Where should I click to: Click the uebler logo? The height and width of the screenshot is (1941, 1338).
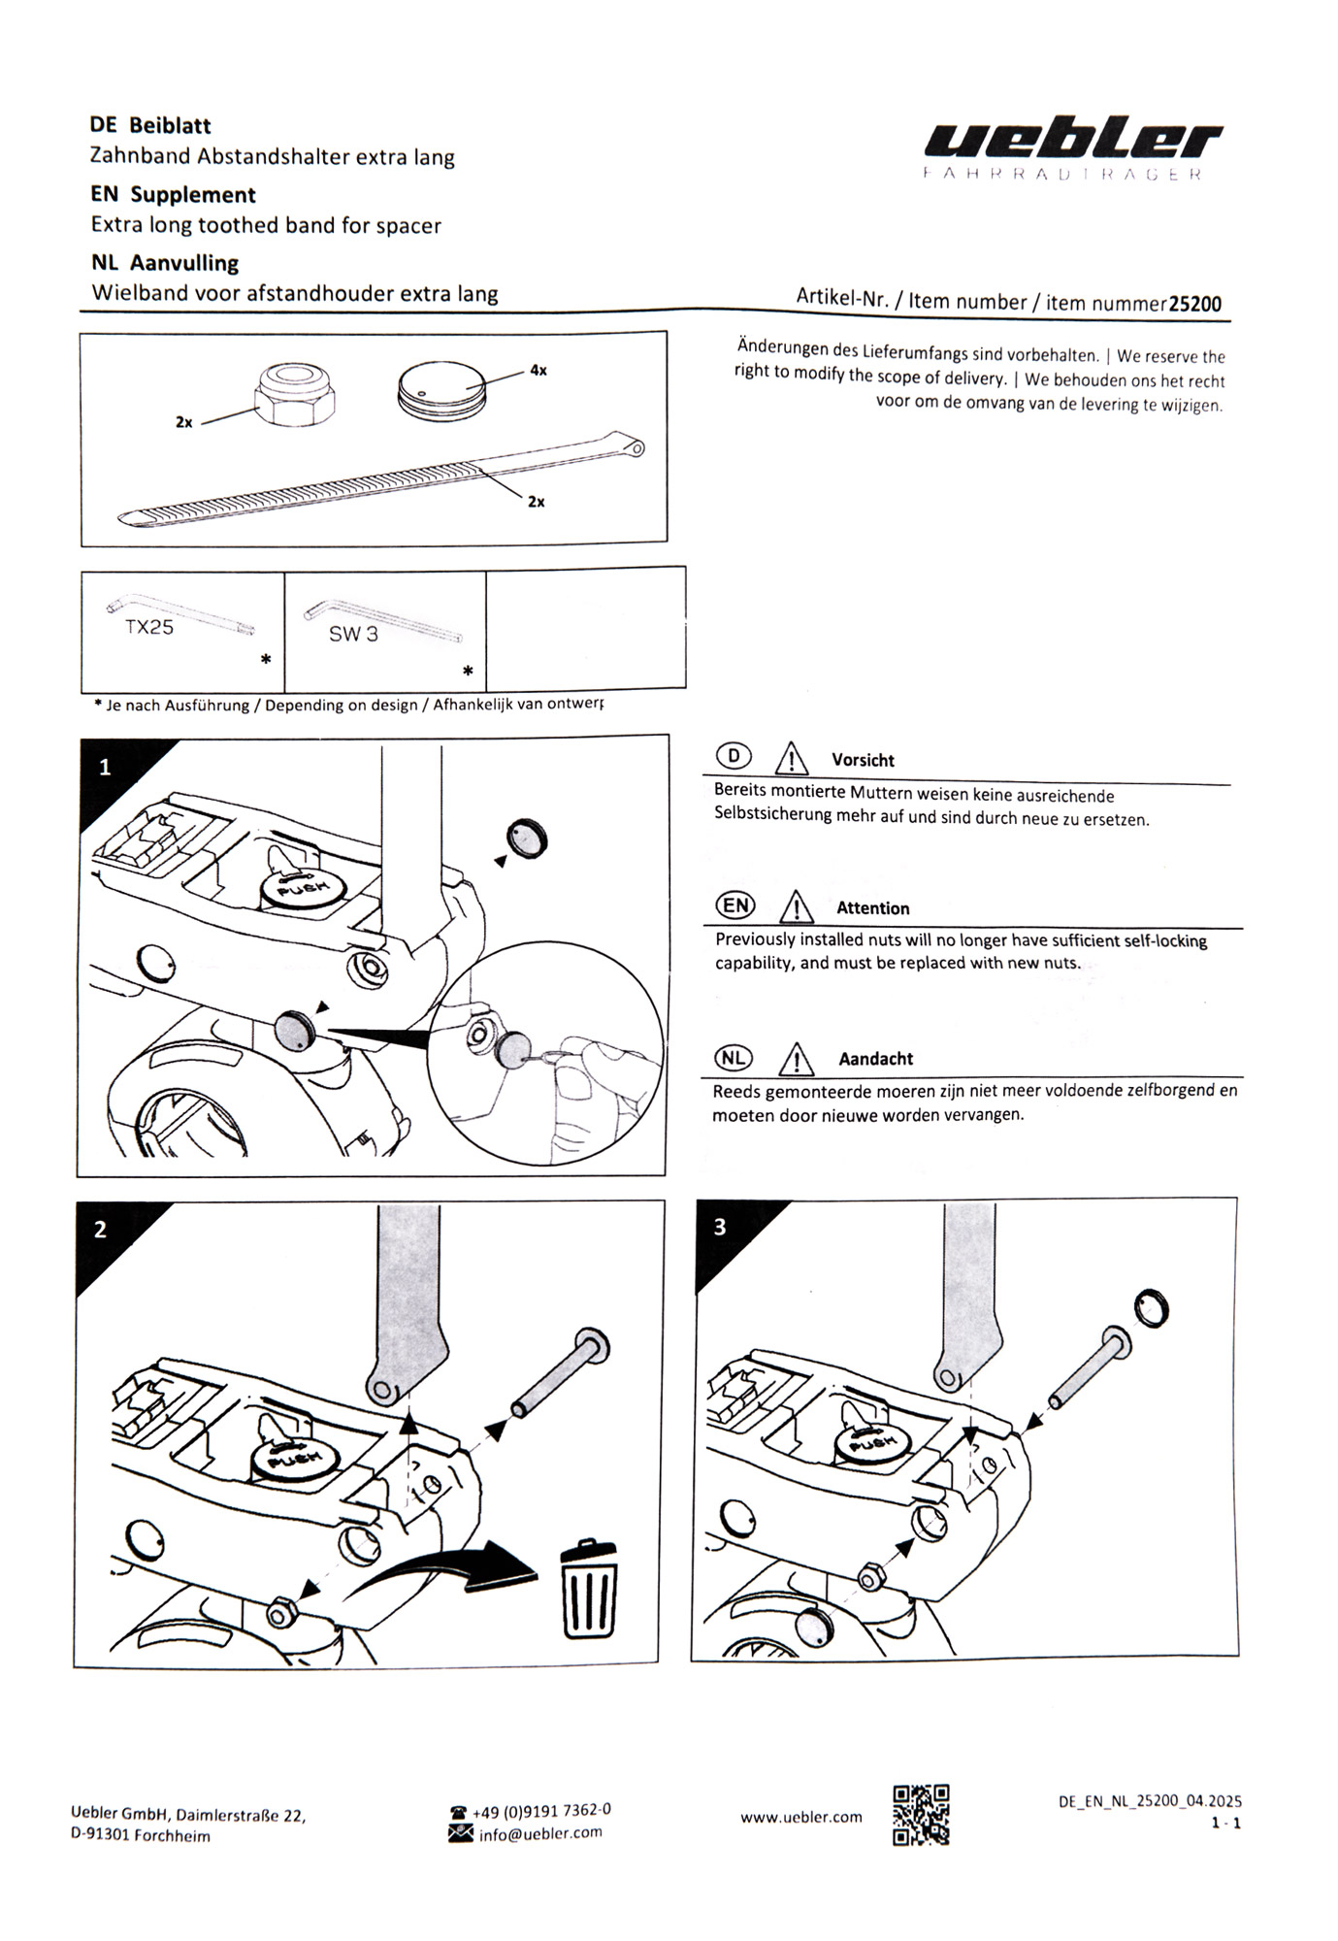click(x=1072, y=142)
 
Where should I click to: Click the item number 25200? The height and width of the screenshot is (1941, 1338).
click(x=1194, y=304)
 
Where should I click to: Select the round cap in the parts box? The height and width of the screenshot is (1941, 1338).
click(x=441, y=392)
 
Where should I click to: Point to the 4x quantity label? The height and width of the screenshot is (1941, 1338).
click(x=538, y=371)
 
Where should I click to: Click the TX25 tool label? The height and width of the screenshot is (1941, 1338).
click(x=149, y=627)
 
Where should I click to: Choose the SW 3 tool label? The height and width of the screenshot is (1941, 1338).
click(x=353, y=635)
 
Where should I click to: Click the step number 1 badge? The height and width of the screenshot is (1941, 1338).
click(x=106, y=768)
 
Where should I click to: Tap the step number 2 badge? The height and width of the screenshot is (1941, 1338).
click(x=101, y=1230)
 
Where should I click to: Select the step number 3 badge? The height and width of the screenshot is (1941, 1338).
click(x=720, y=1227)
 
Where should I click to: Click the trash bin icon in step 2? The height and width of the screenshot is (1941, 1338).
click(x=588, y=1589)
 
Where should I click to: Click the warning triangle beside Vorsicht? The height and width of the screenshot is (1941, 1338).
click(x=793, y=757)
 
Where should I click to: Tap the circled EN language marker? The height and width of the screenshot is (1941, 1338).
click(x=735, y=905)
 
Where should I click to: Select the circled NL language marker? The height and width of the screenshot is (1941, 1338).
click(x=734, y=1058)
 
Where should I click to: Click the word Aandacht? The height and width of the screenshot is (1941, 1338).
click(x=875, y=1059)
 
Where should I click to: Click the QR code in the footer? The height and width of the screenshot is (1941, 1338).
click(x=920, y=1816)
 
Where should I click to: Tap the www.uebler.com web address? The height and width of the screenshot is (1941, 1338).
click(x=800, y=1817)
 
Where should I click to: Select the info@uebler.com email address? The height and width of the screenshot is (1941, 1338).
click(x=540, y=1833)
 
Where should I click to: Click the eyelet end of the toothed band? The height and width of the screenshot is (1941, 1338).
click(x=636, y=447)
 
